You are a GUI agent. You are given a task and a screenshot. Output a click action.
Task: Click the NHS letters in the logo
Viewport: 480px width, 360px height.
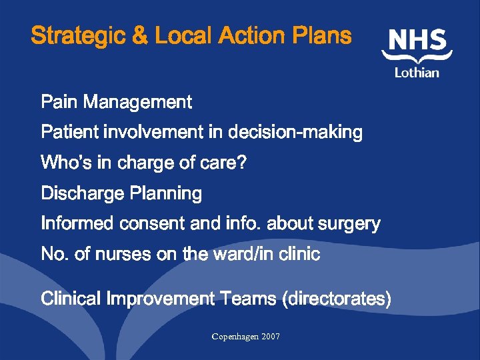[x=417, y=41]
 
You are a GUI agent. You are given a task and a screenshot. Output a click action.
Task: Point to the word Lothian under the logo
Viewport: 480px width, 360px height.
[x=417, y=72]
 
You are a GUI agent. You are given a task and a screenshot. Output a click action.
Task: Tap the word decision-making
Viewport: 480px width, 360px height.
[x=295, y=133]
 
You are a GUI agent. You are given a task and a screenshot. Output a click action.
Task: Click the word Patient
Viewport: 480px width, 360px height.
[x=69, y=133]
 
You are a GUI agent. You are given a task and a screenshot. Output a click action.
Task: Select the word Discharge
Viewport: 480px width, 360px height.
[x=83, y=194]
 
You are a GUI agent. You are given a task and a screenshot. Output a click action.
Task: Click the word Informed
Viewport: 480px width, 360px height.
[x=78, y=224]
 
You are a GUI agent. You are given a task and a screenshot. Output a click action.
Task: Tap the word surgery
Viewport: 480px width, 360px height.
[x=347, y=224]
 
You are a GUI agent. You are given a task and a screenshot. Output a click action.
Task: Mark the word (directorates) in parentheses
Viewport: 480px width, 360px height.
[x=337, y=299]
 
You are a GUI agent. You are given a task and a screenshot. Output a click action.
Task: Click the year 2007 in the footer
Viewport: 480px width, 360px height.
[x=270, y=337]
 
